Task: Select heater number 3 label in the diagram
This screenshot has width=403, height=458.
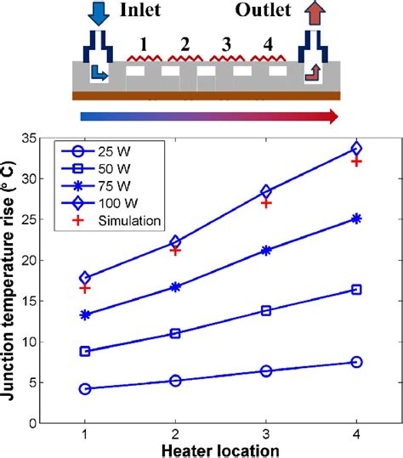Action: tap(225, 44)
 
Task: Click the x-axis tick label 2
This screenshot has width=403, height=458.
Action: tap(175, 433)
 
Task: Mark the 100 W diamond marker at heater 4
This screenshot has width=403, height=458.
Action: tap(356, 149)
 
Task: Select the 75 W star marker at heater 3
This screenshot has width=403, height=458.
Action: tap(266, 251)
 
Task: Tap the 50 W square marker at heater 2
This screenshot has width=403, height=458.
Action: tap(175, 333)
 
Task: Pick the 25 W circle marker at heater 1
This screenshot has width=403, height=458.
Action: tap(84, 388)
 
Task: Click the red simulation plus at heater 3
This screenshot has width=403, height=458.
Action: tap(266, 203)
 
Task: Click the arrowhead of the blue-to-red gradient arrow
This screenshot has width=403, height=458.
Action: tap(332, 116)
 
